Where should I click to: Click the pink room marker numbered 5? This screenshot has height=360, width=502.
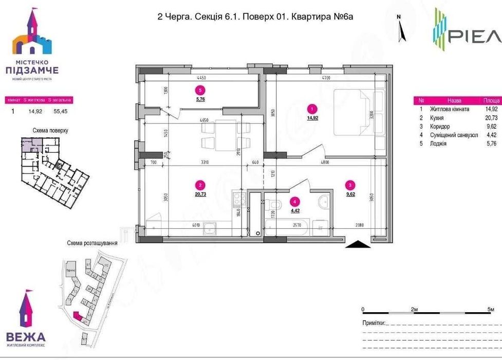point(200,89)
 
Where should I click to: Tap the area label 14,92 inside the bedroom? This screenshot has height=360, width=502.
point(312,118)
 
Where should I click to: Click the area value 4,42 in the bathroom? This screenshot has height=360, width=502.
point(295,210)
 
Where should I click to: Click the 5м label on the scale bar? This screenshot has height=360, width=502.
point(490,310)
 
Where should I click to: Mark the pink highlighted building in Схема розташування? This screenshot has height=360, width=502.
point(78,316)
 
